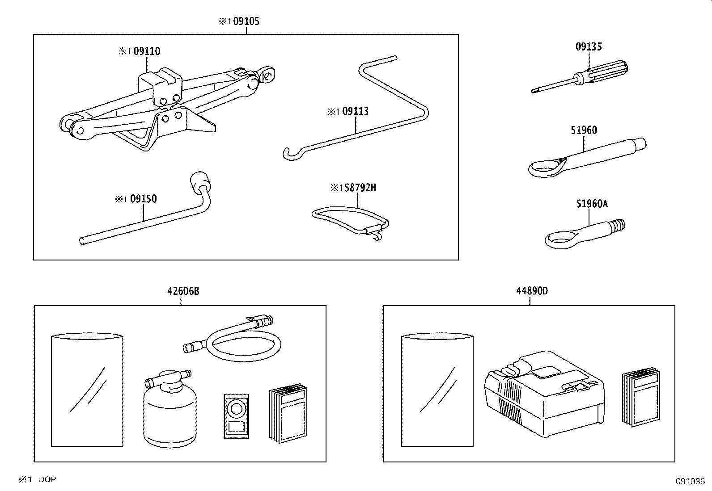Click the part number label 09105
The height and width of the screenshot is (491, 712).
(x=246, y=21)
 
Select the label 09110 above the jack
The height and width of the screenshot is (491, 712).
(x=147, y=51)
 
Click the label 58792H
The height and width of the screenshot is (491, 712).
(x=360, y=188)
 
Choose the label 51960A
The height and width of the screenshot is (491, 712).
(x=592, y=204)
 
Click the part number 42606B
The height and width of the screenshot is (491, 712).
(x=183, y=291)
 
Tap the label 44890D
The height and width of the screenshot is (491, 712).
(x=531, y=291)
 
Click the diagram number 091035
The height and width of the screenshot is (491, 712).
(x=690, y=482)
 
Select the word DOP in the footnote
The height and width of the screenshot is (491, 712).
(x=47, y=479)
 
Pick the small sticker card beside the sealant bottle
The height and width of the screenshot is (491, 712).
(x=236, y=415)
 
